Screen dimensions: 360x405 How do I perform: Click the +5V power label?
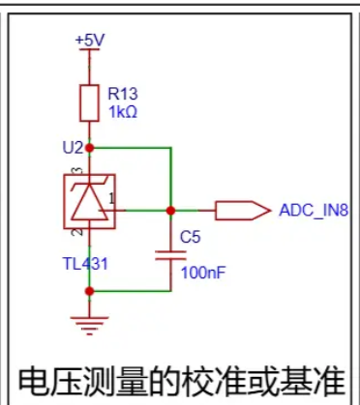(x=90, y=41)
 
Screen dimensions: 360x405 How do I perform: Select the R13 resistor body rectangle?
(x=89, y=103)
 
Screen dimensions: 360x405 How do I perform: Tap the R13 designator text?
(x=123, y=94)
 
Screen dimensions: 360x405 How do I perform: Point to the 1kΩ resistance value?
(x=123, y=112)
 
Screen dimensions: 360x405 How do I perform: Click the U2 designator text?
(x=73, y=148)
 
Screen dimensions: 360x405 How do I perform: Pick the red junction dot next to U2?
(x=89, y=148)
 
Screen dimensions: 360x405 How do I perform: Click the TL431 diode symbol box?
(x=89, y=202)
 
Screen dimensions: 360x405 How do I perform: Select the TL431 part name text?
(x=85, y=264)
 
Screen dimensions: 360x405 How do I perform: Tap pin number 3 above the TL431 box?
(x=78, y=170)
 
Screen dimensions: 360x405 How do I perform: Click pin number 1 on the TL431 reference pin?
(x=111, y=199)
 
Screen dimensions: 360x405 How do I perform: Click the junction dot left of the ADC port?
(x=171, y=211)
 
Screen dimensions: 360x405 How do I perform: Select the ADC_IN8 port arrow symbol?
(x=243, y=211)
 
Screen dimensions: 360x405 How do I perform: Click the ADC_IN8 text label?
(x=314, y=211)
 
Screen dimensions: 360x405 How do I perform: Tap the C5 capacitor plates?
(x=171, y=255)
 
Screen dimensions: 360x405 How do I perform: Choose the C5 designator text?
(x=190, y=237)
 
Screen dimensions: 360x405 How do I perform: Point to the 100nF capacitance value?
(x=203, y=273)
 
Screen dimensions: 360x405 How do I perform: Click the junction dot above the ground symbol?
(x=89, y=291)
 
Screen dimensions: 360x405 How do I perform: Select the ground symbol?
(x=89, y=326)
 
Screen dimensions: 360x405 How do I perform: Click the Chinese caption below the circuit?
(x=182, y=382)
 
